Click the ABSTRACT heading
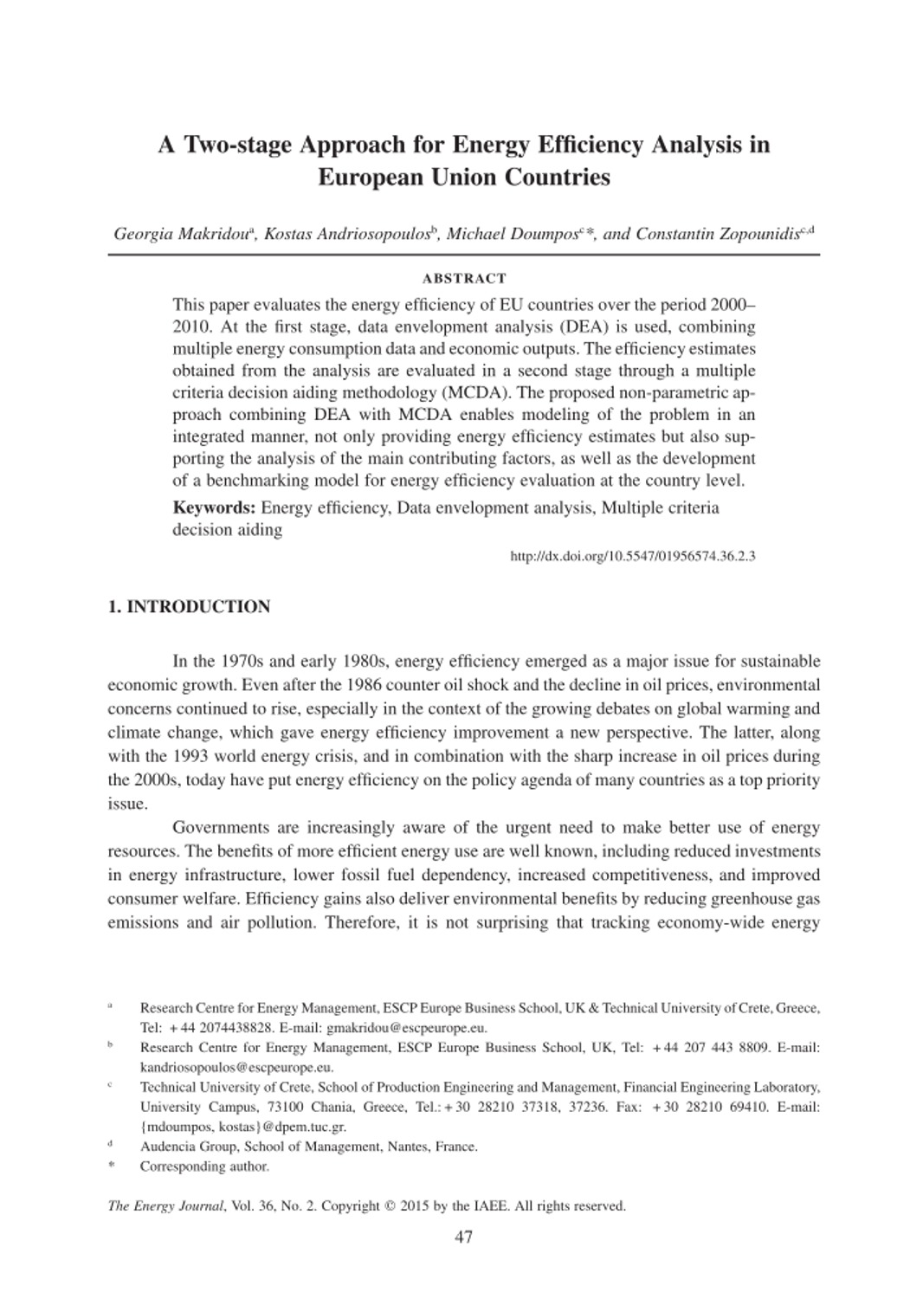(x=463, y=279)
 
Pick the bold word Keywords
(x=214, y=507)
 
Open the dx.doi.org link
(x=633, y=555)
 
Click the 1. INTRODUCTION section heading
(x=189, y=607)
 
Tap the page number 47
(x=463, y=1237)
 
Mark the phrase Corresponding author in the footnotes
(x=204, y=1167)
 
